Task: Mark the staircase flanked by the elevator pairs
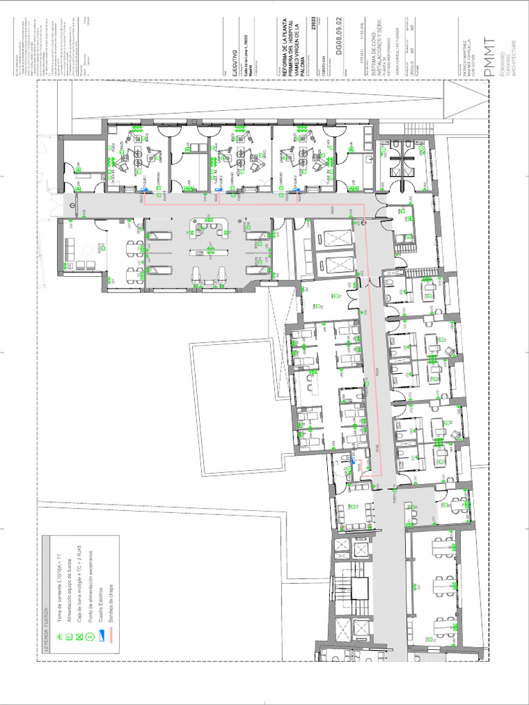click(x=357, y=588)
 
